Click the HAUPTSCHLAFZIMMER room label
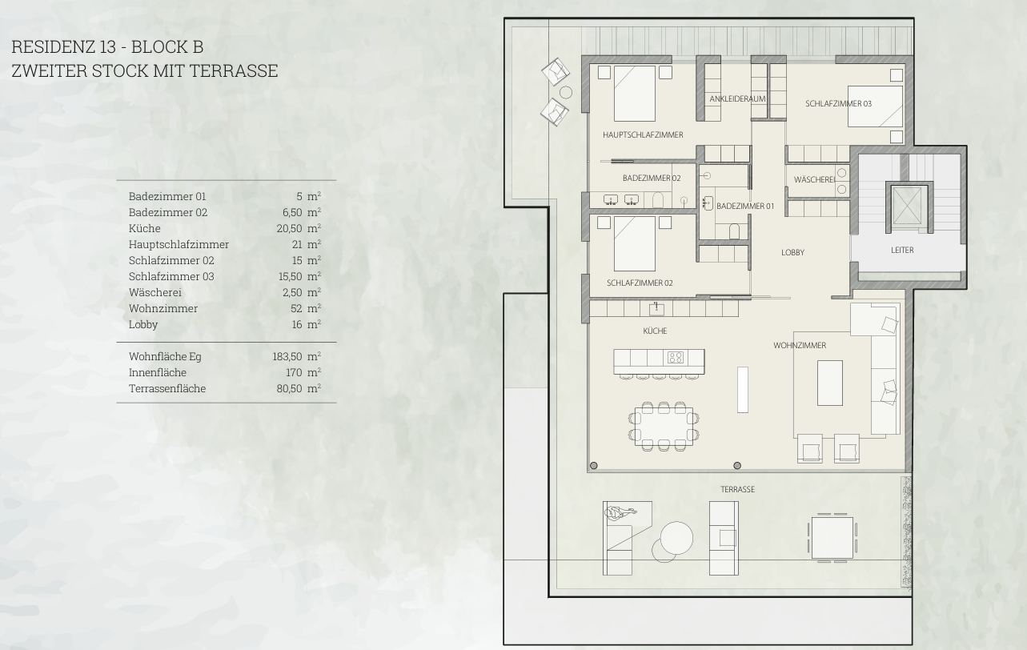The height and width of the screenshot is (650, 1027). tap(643, 134)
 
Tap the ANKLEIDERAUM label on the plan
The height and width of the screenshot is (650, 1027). tap(737, 98)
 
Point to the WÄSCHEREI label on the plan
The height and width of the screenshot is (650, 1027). tap(815, 179)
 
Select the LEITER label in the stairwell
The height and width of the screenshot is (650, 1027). tap(902, 251)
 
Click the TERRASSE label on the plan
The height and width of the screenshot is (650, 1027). tap(737, 490)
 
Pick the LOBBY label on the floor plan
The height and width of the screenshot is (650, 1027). tap(792, 253)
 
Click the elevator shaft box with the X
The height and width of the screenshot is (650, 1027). tap(906, 207)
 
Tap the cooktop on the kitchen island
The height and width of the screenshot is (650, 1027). tap(676, 357)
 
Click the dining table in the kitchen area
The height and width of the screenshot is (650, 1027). tap(664, 426)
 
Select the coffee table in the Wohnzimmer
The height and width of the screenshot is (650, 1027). tap(830, 383)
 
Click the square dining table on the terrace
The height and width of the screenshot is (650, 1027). tap(832, 538)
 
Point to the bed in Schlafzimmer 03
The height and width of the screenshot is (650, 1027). tap(875, 106)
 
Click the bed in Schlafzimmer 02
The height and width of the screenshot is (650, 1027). tap(635, 243)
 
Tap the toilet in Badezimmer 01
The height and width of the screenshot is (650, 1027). tap(734, 231)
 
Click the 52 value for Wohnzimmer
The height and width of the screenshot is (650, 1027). tap(296, 308)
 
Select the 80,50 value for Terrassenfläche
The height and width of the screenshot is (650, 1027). tap(289, 389)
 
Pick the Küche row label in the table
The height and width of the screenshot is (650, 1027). tap(144, 228)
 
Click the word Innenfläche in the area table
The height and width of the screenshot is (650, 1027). tap(157, 373)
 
